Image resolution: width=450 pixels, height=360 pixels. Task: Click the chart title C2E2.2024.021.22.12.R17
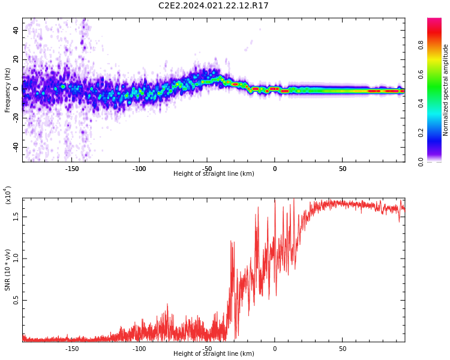pos(213,6)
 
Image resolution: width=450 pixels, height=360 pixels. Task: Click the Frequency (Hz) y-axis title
pos(8,90)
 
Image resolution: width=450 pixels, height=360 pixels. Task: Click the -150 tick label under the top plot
pos(71,168)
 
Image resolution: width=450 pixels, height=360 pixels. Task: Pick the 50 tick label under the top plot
pos(342,168)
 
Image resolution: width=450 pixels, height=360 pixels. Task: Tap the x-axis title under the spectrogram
pos(214,174)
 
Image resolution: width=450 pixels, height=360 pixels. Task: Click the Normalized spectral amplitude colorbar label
pos(446,90)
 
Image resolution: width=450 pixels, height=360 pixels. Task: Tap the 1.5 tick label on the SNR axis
pos(16,217)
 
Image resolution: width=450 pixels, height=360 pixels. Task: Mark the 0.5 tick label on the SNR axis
pos(16,301)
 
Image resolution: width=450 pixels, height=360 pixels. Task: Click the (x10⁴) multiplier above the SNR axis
pos(8,195)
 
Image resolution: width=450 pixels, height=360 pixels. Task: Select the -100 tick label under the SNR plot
pos(139,349)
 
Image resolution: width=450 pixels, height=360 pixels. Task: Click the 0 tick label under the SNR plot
pos(275,349)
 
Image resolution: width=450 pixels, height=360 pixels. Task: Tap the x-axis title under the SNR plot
pos(214,354)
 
